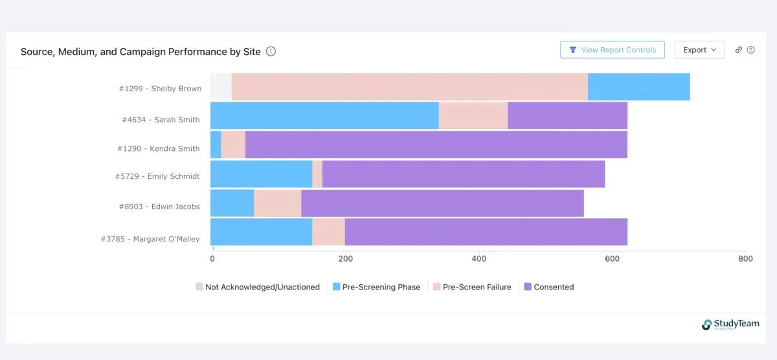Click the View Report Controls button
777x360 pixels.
[612, 50]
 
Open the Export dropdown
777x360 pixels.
[699, 50]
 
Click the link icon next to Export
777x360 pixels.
[739, 50]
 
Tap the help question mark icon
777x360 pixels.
[751, 50]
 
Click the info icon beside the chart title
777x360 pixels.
[271, 51]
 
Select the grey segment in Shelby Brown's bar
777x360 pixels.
[221, 87]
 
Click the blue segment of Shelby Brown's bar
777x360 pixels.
[638, 87]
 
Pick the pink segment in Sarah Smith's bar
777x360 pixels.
[473, 116]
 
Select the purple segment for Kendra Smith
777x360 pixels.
[436, 144]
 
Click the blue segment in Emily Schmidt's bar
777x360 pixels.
[261, 174]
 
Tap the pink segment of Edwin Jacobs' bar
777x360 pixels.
[277, 203]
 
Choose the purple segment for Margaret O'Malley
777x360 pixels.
[486, 232]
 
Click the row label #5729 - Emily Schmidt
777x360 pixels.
[159, 177]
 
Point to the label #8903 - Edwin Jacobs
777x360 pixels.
[159, 207]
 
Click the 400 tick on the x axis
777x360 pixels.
[479, 259]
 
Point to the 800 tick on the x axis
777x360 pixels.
[745, 259]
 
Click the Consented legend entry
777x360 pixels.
[548, 287]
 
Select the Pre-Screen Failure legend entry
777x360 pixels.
[471, 287]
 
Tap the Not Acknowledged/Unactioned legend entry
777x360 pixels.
[258, 287]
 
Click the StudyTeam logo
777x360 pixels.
[730, 324]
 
